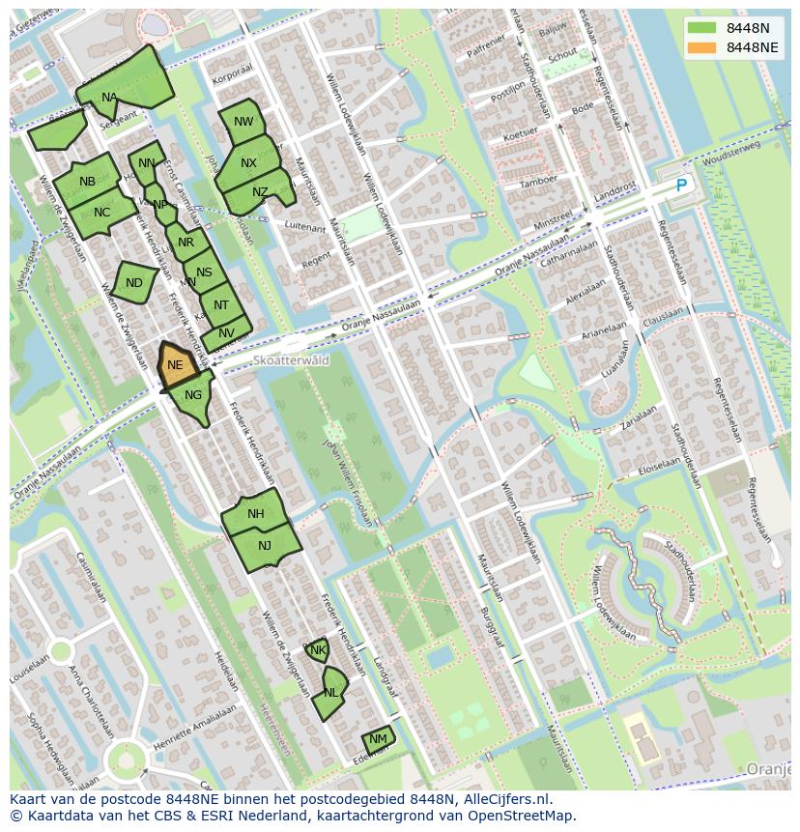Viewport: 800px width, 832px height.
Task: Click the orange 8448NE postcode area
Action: (176, 365)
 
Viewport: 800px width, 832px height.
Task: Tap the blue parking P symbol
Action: (681, 186)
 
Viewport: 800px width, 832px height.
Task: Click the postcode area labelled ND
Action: (134, 282)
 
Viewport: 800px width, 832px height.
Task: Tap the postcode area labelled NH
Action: (256, 513)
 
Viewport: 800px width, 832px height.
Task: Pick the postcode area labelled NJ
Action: (265, 546)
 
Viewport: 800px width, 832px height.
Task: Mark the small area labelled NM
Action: (378, 739)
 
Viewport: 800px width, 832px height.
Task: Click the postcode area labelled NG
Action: (193, 397)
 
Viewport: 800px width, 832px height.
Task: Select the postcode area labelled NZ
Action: (259, 192)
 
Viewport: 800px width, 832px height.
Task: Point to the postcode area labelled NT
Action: (221, 305)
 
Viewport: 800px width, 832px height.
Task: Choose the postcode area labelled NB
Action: (87, 181)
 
